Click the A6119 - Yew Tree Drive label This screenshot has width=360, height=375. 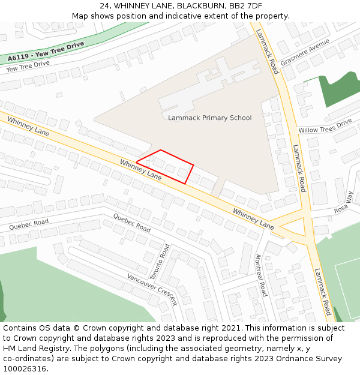point(46,51)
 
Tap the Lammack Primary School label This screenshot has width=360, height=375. point(209,118)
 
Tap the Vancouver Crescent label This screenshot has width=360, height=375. point(152,288)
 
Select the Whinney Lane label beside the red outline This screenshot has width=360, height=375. point(140,170)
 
